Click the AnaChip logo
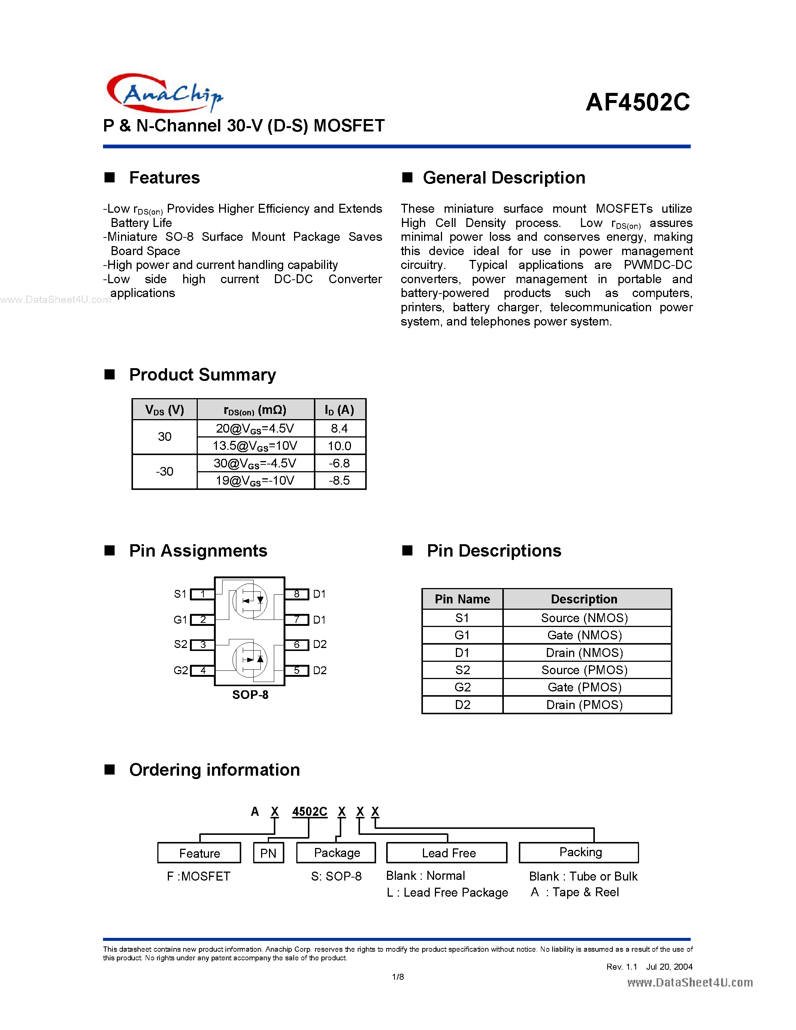click(x=164, y=93)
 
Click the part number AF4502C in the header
click(x=638, y=102)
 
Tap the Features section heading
click(x=164, y=178)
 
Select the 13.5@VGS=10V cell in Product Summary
click(x=255, y=446)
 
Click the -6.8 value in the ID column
click(x=339, y=463)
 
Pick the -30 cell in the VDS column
click(x=164, y=472)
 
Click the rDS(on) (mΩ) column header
click(x=255, y=409)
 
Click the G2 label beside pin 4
click(x=181, y=670)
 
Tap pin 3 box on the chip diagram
click(x=203, y=645)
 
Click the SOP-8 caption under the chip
click(x=250, y=695)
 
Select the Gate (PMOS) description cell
click(x=584, y=687)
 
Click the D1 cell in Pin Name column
click(x=462, y=653)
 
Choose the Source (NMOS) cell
click(x=584, y=618)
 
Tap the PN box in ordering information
click(x=268, y=853)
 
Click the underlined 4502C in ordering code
click(x=309, y=812)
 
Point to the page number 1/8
click(x=397, y=977)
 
